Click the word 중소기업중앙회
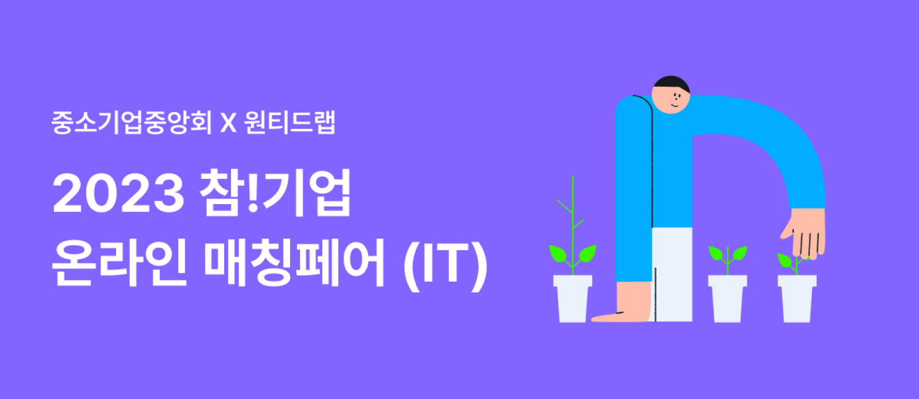pyautogui.click(x=132, y=122)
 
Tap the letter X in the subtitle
pyautogui.click(x=229, y=122)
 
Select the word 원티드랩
pyautogui.click(x=289, y=122)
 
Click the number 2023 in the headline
pyautogui.click(x=118, y=193)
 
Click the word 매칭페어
pyautogui.click(x=295, y=262)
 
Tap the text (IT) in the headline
pyautogui.click(x=446, y=263)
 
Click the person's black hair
pyautogui.click(x=671, y=83)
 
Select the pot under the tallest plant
pyautogui.click(x=572, y=298)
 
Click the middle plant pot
pyautogui.click(x=727, y=298)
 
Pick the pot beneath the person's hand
pyautogui.click(x=797, y=298)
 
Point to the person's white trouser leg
pyautogui.click(x=672, y=274)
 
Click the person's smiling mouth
pyautogui.click(x=675, y=105)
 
